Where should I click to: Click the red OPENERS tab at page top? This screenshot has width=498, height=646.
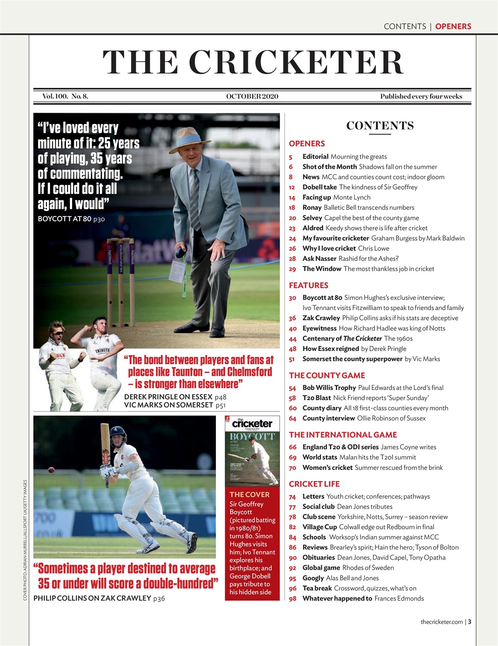click(453, 26)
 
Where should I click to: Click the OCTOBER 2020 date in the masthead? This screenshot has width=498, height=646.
click(252, 96)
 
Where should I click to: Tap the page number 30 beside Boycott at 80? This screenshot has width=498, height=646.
click(292, 298)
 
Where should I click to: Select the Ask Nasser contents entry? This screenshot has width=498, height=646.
click(350, 258)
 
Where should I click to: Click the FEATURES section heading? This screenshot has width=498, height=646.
click(308, 285)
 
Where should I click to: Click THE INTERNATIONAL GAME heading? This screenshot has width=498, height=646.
click(343, 435)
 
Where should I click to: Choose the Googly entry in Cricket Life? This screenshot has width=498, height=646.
click(340, 578)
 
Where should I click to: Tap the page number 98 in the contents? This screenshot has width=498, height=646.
click(292, 599)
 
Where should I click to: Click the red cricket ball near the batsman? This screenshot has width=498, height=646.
click(51, 470)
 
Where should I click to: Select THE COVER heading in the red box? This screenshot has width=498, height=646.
click(249, 495)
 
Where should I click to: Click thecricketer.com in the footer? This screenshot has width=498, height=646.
click(441, 622)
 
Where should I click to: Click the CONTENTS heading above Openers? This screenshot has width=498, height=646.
click(379, 126)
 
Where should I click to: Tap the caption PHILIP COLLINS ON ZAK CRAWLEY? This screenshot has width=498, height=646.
click(92, 598)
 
